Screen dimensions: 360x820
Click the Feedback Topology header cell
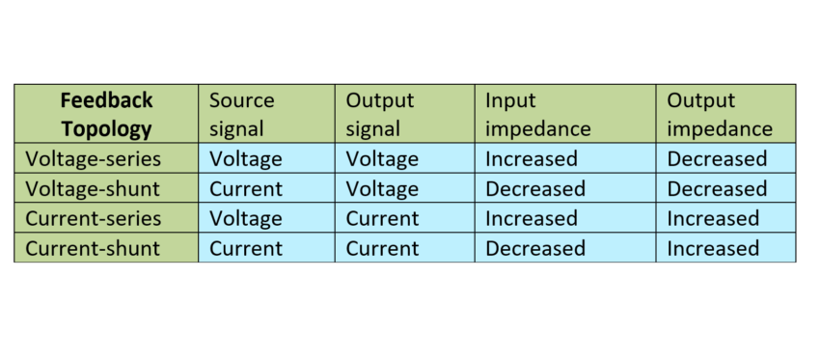tap(106, 114)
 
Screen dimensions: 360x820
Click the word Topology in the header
tap(106, 128)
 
